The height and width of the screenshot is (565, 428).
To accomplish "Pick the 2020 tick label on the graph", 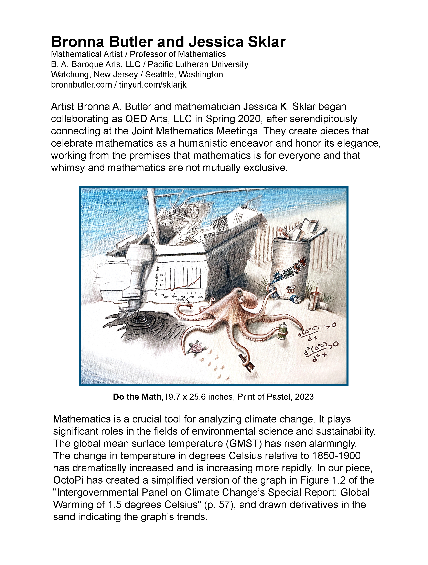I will click(x=201, y=297).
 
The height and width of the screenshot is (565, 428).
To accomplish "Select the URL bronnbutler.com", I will click(x=82, y=84).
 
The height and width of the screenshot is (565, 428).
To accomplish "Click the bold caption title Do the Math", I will click(x=137, y=397).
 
